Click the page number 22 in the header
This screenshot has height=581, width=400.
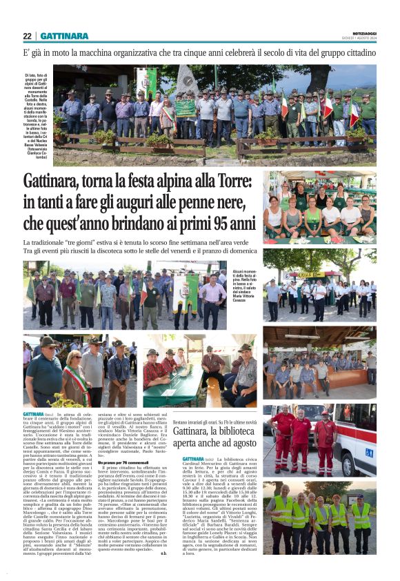coord(27,36)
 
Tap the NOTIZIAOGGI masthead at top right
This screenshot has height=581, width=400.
coord(361,32)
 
